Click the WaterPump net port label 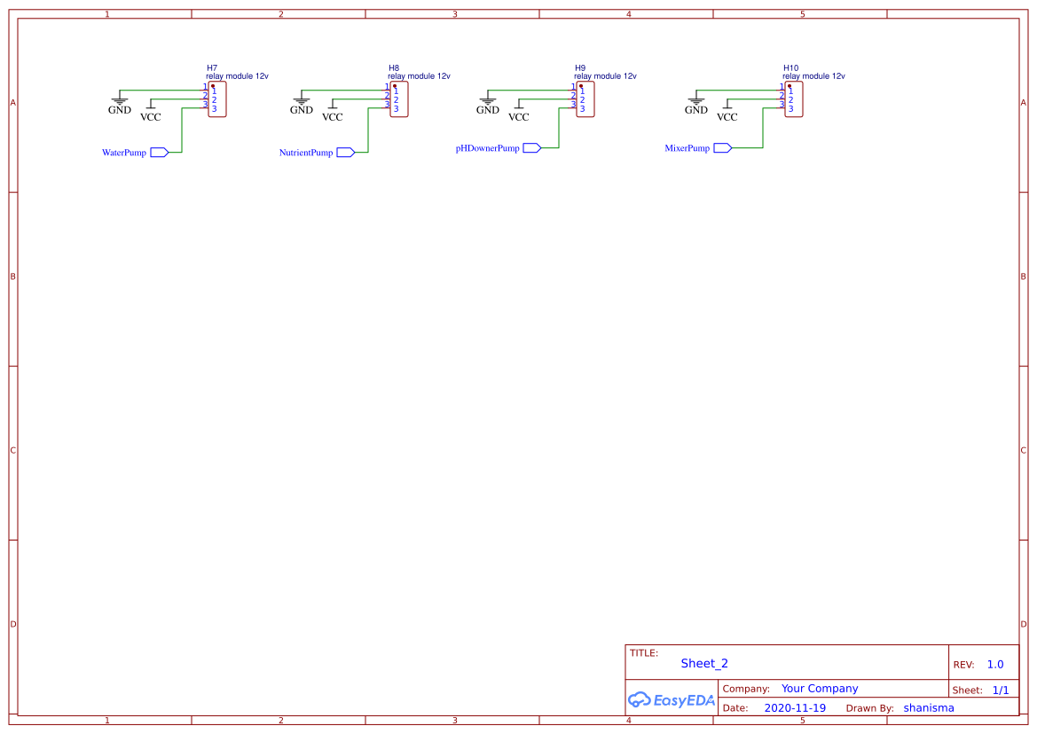pos(124,153)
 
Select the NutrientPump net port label pos(306,153)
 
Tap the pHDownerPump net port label pos(488,148)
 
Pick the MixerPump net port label pos(687,148)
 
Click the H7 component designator pos(212,67)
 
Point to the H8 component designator pos(394,67)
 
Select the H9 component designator pos(580,67)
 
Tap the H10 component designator pos(790,67)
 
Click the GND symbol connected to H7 pos(119,103)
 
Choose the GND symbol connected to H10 pos(696,103)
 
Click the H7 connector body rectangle pos(217,99)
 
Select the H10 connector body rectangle pos(794,99)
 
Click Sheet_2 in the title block pos(704,663)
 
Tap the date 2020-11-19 pos(794,708)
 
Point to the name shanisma pos(929,708)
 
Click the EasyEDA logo pos(671,699)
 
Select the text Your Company pos(820,689)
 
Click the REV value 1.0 pos(994,665)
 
